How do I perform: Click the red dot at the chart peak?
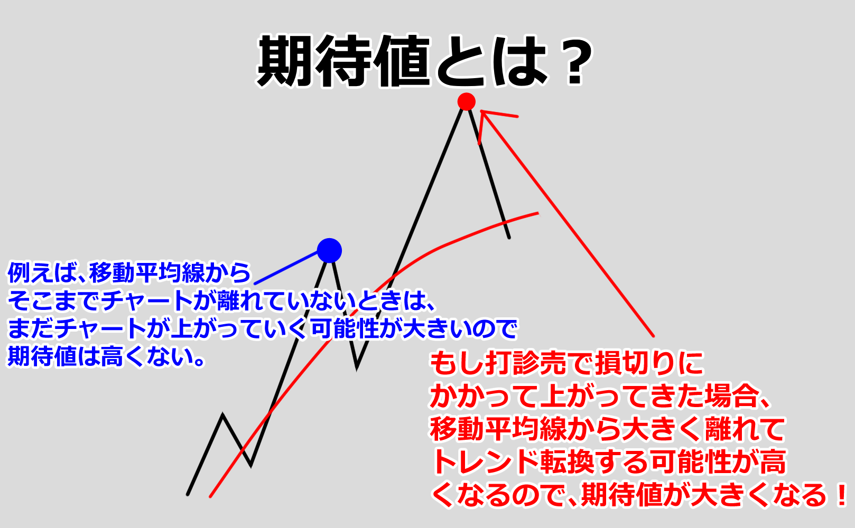(x=466, y=102)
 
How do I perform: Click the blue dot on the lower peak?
(x=329, y=251)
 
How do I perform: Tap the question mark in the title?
(x=575, y=61)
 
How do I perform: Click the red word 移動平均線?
(x=498, y=429)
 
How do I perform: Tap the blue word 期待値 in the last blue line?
(x=42, y=357)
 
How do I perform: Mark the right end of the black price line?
(x=509, y=238)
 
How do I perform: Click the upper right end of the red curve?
(x=538, y=214)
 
